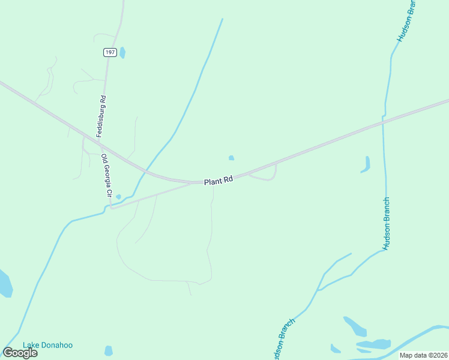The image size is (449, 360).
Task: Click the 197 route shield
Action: tap(109, 53)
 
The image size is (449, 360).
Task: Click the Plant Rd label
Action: tap(218, 180)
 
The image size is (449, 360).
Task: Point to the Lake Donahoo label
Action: tap(47, 345)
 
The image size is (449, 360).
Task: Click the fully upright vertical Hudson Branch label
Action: tap(387, 223)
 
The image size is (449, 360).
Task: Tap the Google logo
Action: tap(20, 352)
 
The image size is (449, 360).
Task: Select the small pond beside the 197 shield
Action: tap(122, 52)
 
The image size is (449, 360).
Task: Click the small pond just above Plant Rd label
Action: tap(231, 158)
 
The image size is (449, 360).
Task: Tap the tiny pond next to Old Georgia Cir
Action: tap(118, 197)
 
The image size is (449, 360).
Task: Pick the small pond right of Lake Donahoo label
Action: tap(108, 350)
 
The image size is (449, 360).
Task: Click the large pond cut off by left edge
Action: tap(5, 284)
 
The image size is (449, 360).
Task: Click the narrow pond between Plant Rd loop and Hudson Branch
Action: tap(366, 164)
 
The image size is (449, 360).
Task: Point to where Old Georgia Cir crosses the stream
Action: tap(109, 206)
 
